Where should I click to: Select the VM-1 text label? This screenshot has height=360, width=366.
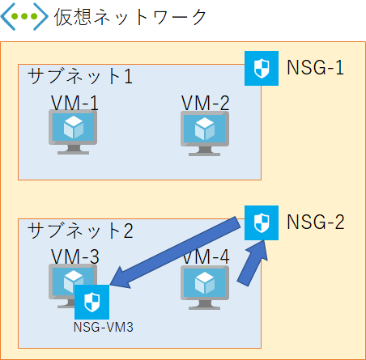point(75,103)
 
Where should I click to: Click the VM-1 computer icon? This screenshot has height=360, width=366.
point(73,129)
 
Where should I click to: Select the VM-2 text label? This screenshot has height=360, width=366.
point(205,103)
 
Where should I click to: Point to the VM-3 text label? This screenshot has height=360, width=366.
point(75,257)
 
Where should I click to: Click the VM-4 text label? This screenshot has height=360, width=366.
point(206,257)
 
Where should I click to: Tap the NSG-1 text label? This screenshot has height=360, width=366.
point(316,67)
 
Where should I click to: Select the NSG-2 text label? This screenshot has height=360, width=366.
point(316,221)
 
